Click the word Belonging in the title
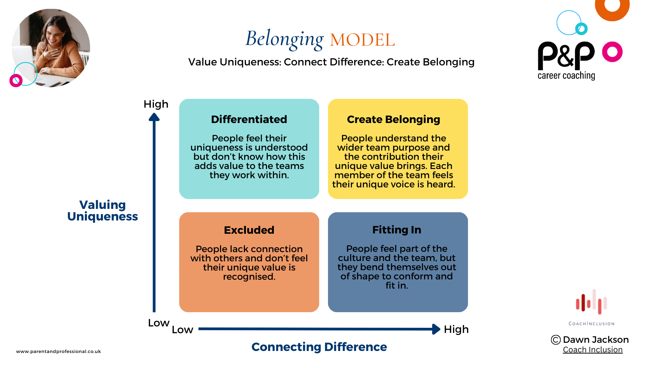coord(284,39)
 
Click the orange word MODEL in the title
coord(362,40)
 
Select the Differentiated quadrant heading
coord(249,120)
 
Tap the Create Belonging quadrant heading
coord(393,120)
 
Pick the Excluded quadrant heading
coord(249,230)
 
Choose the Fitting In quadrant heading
coord(396,230)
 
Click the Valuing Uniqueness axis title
coord(103,211)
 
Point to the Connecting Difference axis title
coord(319,347)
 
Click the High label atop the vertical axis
coord(156,104)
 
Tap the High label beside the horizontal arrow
coord(456,329)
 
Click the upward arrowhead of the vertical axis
coord(154,117)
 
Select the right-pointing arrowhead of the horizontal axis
coord(436,329)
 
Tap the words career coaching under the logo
coord(566,75)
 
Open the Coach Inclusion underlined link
coord(593,350)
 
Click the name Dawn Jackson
coord(596,340)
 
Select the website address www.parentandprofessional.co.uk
coord(59,351)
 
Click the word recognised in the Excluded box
coord(249,277)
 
